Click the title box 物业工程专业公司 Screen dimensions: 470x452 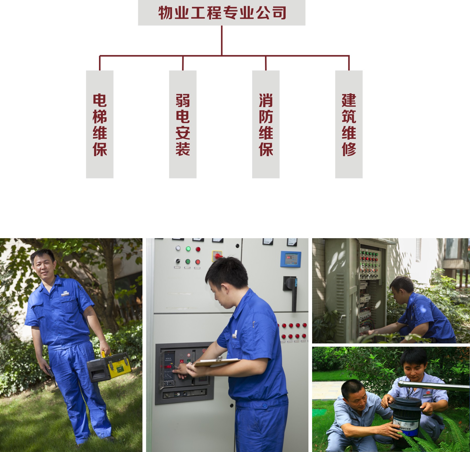[x=222, y=13]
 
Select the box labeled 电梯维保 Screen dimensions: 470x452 [x=100, y=124]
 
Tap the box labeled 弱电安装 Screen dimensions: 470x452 [x=183, y=124]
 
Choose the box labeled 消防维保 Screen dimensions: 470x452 [x=266, y=124]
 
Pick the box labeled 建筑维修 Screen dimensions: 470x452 [x=349, y=124]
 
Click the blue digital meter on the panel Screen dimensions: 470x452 [x=291, y=259]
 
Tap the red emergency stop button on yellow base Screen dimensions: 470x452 [x=217, y=256]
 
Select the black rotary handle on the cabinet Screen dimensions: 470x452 [x=291, y=291]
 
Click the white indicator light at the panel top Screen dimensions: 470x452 [x=178, y=248]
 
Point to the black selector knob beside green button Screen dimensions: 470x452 [x=178, y=261]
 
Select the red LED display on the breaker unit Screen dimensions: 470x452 [x=168, y=367]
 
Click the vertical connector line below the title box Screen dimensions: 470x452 [x=222, y=41]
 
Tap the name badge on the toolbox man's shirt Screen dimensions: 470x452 [x=65, y=294]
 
